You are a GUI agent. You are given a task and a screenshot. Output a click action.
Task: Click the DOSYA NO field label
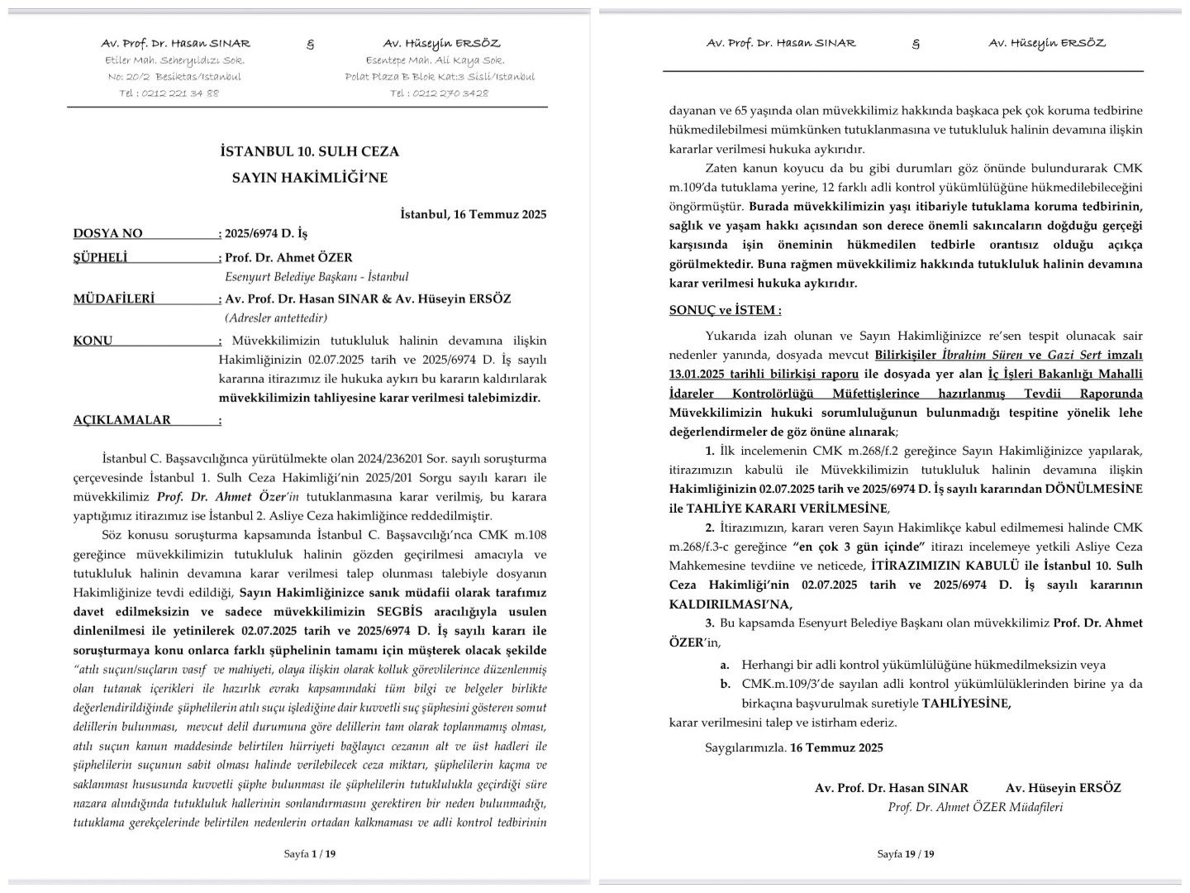(x=107, y=234)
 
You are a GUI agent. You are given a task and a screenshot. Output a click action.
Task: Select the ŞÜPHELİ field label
(x=100, y=258)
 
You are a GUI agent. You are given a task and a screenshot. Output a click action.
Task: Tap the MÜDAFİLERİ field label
(x=113, y=299)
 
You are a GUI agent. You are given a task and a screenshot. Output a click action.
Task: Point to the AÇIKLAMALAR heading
(x=121, y=420)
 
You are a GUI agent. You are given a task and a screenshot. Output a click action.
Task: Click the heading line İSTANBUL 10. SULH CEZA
(x=309, y=151)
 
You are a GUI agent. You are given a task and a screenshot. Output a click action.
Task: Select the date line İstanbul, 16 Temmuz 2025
(x=473, y=214)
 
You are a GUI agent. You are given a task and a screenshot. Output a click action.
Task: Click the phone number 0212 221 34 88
(x=180, y=93)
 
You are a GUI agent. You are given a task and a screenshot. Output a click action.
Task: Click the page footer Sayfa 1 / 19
(x=309, y=854)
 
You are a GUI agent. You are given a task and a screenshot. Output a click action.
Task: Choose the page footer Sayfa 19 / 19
(x=905, y=854)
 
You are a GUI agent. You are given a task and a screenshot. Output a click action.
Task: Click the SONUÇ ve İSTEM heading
(x=725, y=311)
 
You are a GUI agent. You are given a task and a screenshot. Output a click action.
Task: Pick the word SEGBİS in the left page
(x=406, y=612)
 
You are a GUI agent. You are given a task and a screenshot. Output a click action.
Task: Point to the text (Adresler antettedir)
(x=275, y=318)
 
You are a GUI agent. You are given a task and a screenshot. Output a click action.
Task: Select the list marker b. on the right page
(x=725, y=684)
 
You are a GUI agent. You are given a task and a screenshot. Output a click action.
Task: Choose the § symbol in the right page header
(x=915, y=44)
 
